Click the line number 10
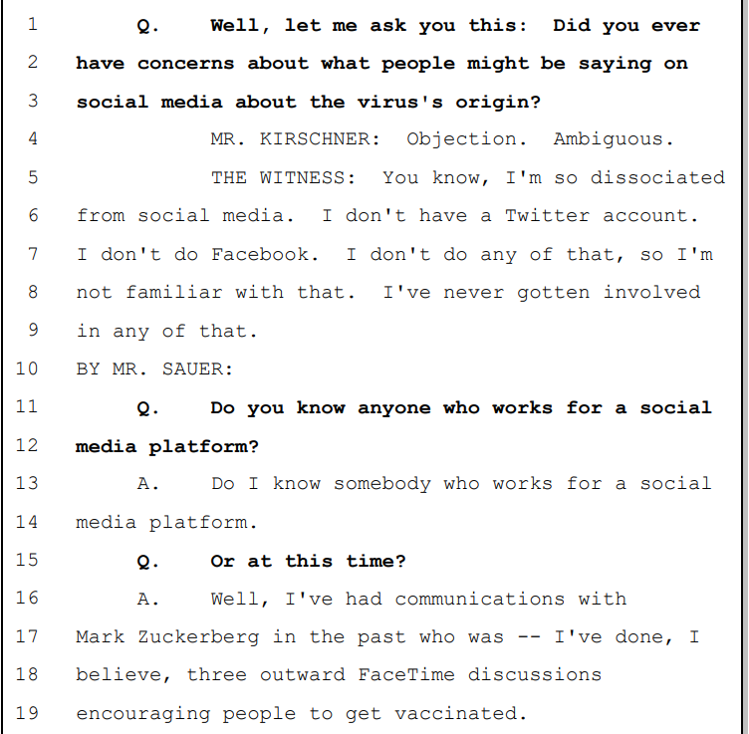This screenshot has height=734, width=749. tap(27, 368)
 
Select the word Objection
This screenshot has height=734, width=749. tap(460, 139)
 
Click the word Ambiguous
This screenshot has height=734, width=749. tap(608, 139)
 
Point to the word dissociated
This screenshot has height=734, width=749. tap(657, 177)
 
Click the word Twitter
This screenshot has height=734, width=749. tap(547, 216)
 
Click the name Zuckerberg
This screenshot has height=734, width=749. tap(199, 637)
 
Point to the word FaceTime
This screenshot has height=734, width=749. tap(406, 675)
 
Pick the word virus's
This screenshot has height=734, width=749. tap(400, 102)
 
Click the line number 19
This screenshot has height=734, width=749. tap(27, 713)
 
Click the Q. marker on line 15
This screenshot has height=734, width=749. tap(147, 561)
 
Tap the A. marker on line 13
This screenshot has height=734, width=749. tap(147, 484)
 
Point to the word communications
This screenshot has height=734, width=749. tap(480, 599)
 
